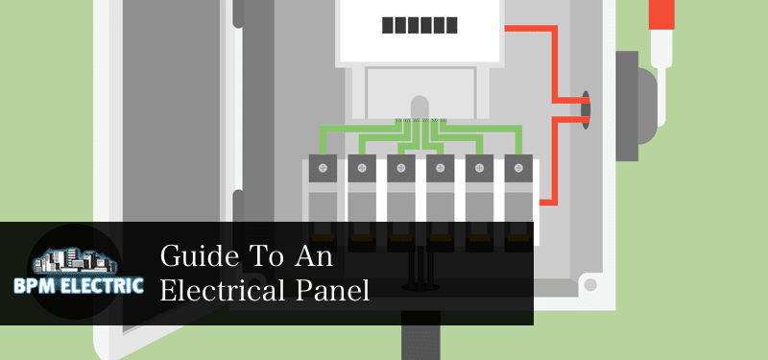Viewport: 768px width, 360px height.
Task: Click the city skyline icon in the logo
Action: point(75,259)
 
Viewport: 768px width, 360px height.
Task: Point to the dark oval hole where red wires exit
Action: point(584,108)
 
